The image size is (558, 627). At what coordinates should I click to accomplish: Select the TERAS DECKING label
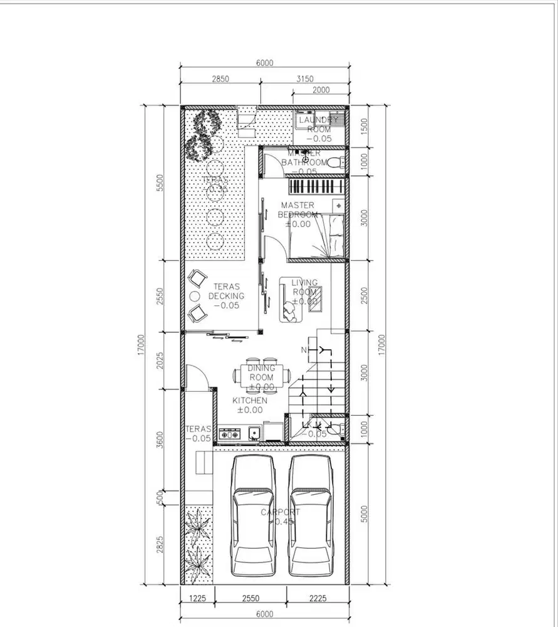[x=226, y=295]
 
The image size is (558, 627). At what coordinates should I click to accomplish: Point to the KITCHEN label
[x=250, y=401]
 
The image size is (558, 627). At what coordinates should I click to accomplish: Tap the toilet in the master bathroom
[x=337, y=163]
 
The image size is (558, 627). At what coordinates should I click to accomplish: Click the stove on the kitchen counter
[x=229, y=433]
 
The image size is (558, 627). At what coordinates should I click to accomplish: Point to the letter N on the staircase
[x=304, y=349]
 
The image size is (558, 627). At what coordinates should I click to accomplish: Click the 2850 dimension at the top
[x=220, y=79]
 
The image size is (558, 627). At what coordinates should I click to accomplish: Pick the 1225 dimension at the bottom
[x=197, y=598]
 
